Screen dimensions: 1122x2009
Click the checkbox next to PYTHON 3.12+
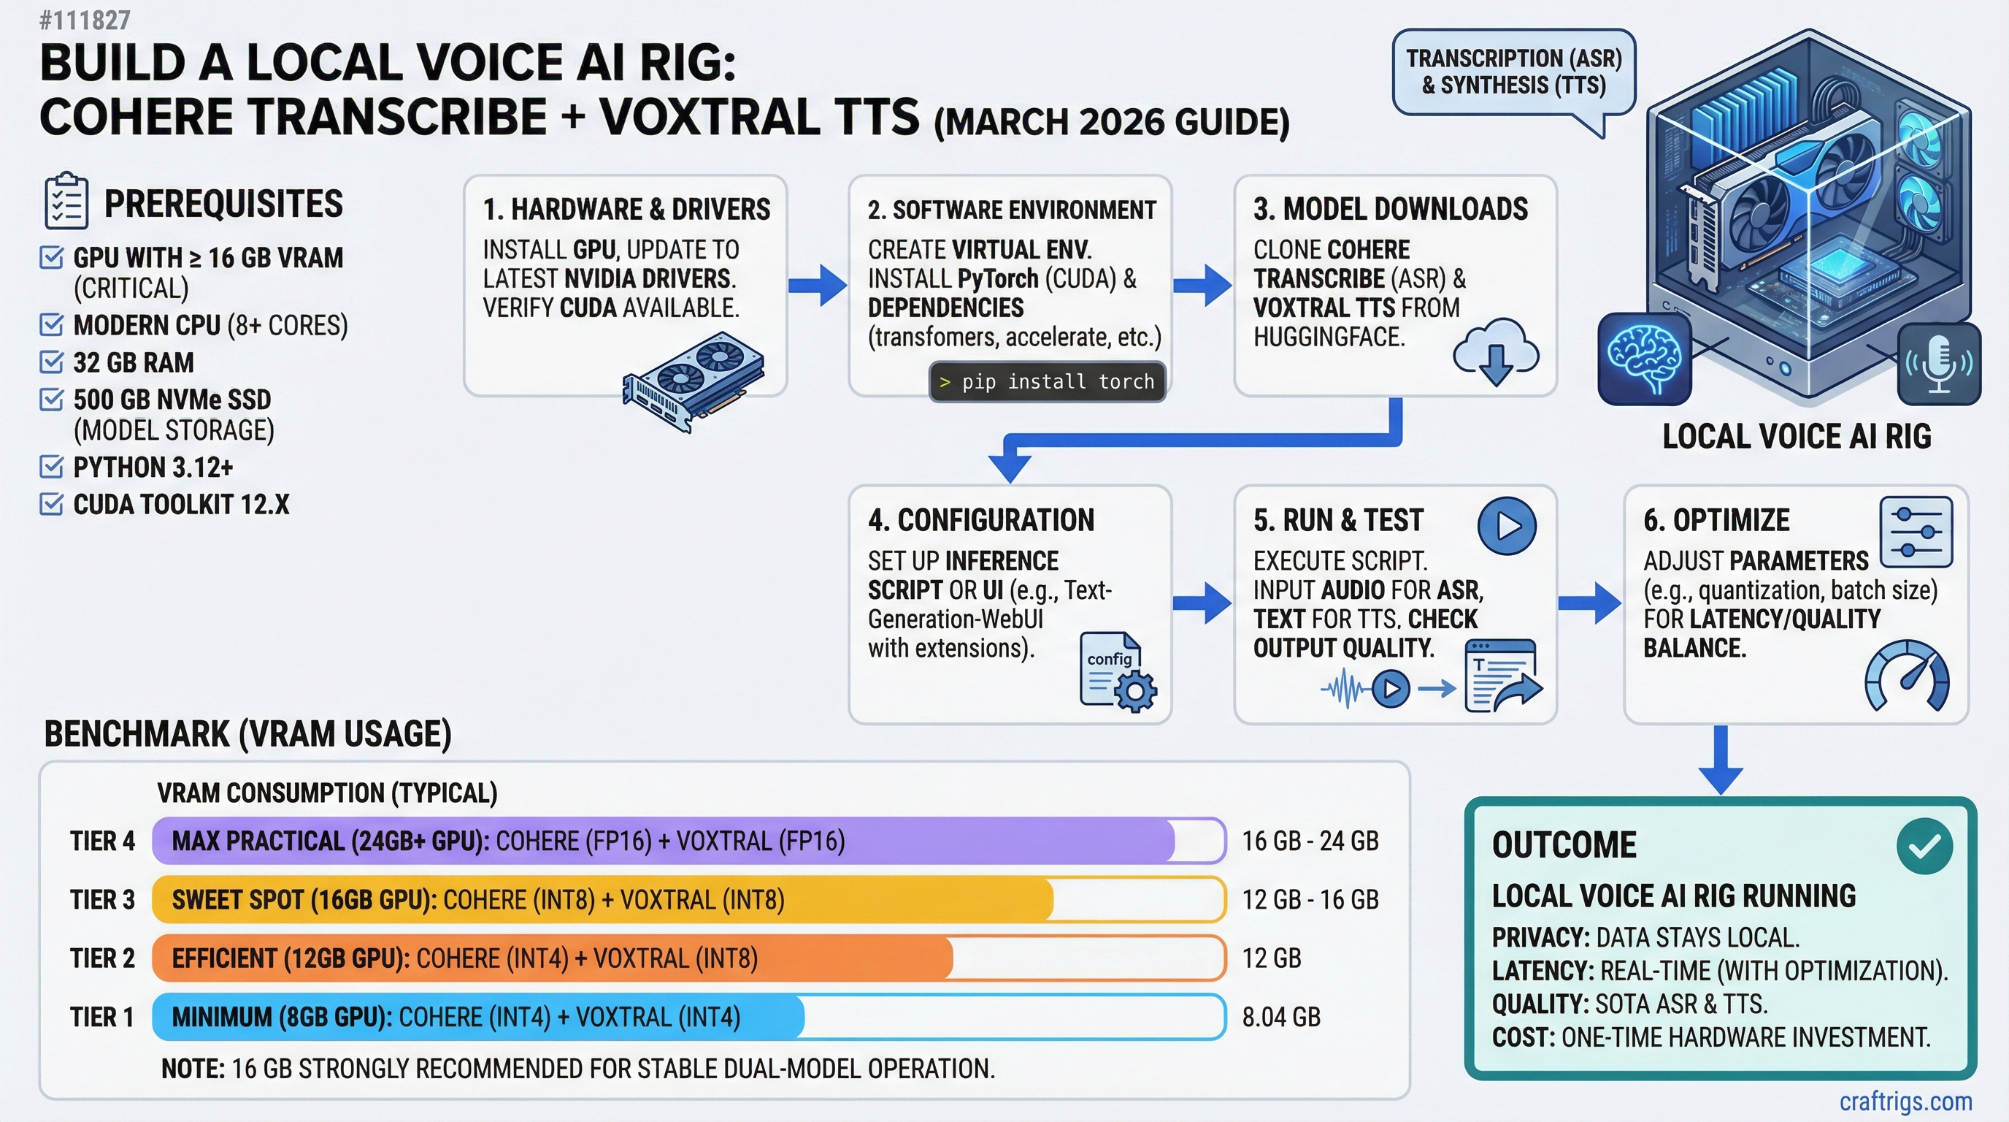click(x=52, y=467)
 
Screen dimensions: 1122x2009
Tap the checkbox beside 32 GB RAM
click(x=52, y=362)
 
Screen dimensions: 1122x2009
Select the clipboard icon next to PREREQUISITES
click(x=66, y=202)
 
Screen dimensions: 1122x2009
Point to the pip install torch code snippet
click(x=1047, y=381)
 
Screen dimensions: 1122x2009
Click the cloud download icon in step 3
click(x=1495, y=352)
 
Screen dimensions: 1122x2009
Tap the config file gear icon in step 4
click(x=1118, y=672)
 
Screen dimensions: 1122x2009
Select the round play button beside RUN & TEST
click(x=1506, y=526)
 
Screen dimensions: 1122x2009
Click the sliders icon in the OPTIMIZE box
click(x=1916, y=532)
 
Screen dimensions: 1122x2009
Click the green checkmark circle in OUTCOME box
click(x=1924, y=846)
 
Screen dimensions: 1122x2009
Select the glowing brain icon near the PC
click(x=1644, y=359)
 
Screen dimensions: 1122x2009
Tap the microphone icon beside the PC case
click(x=1938, y=364)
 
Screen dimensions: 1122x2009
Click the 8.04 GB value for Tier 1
click(x=1280, y=1017)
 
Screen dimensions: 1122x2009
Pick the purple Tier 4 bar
click(x=663, y=840)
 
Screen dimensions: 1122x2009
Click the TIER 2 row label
click(x=102, y=958)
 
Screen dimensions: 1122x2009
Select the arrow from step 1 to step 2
click(x=817, y=285)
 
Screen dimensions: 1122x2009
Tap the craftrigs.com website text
click(x=1905, y=1101)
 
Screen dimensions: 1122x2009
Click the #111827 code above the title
click(x=85, y=20)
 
